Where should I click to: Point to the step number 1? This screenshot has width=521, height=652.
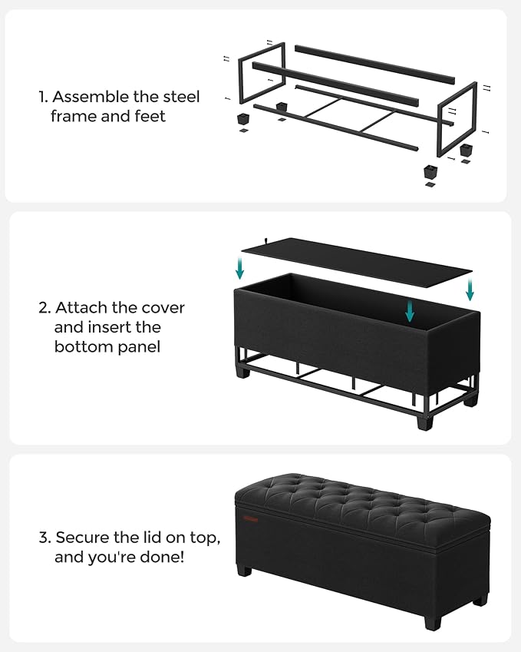click(43, 98)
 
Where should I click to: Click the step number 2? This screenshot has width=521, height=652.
click(44, 308)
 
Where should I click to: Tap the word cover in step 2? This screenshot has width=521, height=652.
click(163, 308)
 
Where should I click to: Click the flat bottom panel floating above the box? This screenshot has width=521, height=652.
click(356, 257)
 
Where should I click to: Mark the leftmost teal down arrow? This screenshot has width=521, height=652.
click(240, 269)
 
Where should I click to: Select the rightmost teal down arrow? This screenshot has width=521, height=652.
click(470, 290)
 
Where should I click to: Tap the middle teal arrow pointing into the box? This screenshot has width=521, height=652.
click(411, 310)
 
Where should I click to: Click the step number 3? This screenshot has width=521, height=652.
click(44, 538)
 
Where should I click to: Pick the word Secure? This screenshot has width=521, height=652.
click(84, 538)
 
